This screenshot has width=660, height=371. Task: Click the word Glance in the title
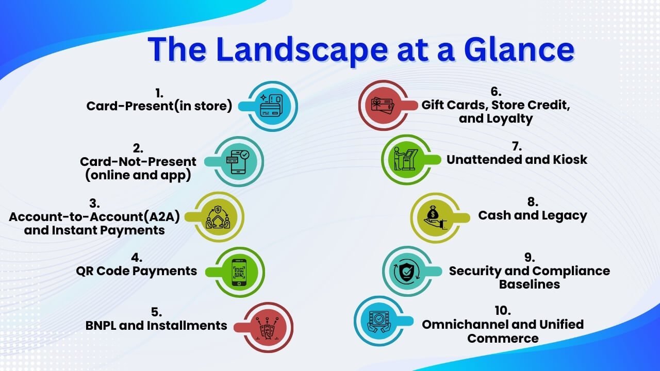click(x=519, y=49)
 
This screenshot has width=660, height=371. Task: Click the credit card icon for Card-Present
click(x=271, y=106)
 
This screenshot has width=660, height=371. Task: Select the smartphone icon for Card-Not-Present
click(x=238, y=162)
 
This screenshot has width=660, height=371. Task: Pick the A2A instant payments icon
click(x=218, y=217)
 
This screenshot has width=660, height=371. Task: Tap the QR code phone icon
click(x=239, y=273)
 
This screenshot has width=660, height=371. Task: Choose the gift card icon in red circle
click(x=383, y=106)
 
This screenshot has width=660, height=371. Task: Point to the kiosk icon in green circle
click(x=405, y=159)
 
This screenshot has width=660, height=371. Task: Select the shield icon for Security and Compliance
click(x=407, y=272)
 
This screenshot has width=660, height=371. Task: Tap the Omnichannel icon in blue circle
click(x=379, y=322)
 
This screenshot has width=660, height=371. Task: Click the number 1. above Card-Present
click(x=159, y=93)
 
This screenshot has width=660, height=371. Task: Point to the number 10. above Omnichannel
click(x=503, y=311)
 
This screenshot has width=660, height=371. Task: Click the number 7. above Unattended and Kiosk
click(x=517, y=146)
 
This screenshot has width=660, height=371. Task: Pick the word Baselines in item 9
click(x=530, y=284)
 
